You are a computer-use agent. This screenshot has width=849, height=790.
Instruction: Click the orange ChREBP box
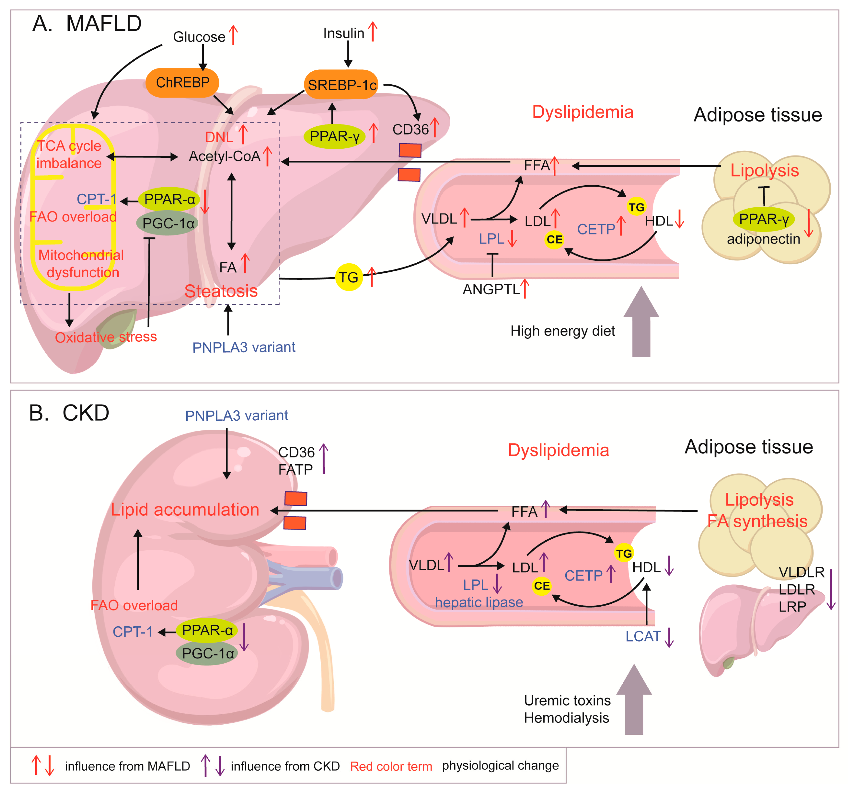(x=182, y=82)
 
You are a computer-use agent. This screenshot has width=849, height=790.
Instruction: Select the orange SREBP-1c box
(x=342, y=84)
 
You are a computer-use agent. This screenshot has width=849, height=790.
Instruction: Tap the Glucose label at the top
(x=199, y=37)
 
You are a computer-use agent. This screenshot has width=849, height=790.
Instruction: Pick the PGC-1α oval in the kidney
(x=207, y=653)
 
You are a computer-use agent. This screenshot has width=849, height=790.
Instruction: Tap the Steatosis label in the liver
(x=221, y=291)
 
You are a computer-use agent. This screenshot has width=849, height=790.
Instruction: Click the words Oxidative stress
(x=106, y=337)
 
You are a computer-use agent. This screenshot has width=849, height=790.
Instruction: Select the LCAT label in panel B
(x=643, y=636)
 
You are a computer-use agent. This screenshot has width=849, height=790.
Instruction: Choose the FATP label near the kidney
(x=296, y=469)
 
